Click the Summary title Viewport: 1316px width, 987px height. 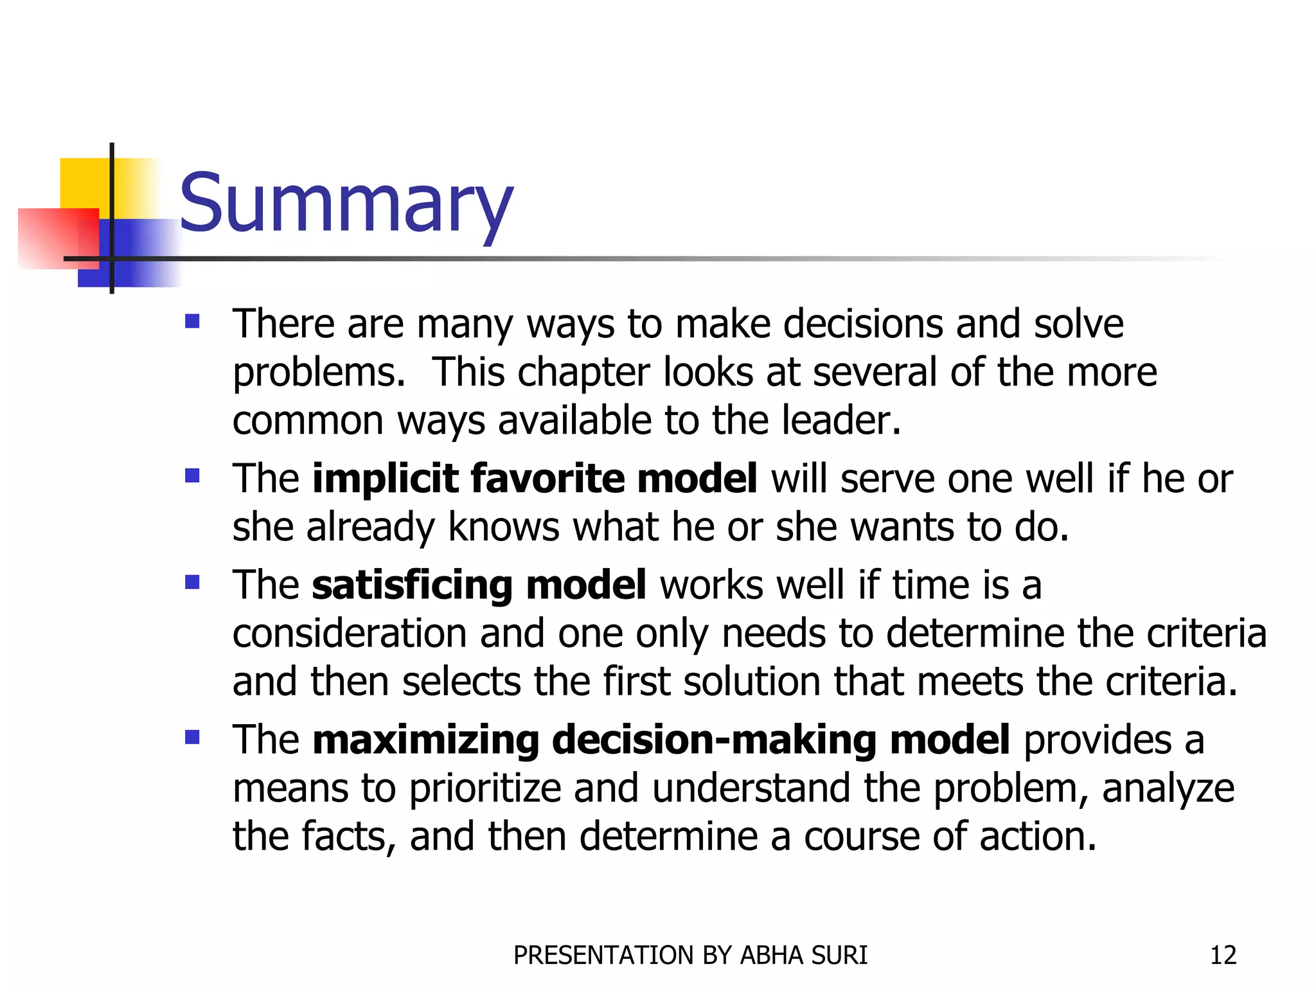pos(346,204)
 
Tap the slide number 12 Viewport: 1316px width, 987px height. pos(1223,956)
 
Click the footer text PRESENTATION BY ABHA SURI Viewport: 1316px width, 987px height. pos(690,956)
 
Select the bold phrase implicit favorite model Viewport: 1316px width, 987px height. pos(534,479)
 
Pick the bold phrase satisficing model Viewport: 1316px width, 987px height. pos(479,585)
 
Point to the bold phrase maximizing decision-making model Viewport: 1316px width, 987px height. pos(661,740)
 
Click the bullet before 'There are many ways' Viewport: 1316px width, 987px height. pos(192,321)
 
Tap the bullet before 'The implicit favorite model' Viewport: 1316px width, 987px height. pos(192,476)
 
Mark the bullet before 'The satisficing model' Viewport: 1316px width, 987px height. pos(192,582)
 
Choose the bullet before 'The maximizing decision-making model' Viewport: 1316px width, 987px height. pos(192,736)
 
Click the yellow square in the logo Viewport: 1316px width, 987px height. pos(84,183)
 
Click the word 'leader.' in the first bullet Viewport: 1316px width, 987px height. pos(841,421)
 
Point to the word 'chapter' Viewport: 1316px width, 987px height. pos(583,373)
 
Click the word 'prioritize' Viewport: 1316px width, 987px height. pos(485,788)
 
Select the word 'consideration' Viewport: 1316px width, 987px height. pos(350,634)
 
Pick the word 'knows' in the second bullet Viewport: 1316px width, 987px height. pos(503,528)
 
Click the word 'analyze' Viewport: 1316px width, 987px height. pos(1168,788)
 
